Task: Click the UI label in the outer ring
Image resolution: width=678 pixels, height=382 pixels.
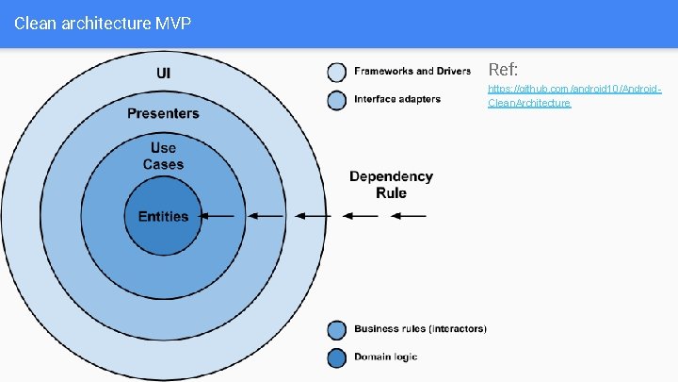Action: pos(164,72)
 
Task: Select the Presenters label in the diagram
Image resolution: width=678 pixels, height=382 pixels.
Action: pos(164,114)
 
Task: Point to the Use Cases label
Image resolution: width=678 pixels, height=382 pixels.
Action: pos(164,156)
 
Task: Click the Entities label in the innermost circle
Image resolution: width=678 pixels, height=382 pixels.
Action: pos(163,216)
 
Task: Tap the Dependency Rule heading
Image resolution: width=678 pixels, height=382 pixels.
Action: pos(391,184)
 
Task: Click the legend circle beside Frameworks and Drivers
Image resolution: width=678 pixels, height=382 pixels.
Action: pos(337,73)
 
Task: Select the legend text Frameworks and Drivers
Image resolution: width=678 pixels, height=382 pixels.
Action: pos(412,72)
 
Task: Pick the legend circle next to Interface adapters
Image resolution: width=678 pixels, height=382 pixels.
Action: pos(337,100)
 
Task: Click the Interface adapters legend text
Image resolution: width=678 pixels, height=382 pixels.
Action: pos(397,99)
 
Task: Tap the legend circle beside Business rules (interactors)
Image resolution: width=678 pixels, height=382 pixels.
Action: pos(337,330)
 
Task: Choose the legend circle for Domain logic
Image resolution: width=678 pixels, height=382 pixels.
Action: pos(337,357)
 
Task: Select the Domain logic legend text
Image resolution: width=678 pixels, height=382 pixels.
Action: pos(385,357)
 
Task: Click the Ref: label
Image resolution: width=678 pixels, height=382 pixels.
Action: pos(503,70)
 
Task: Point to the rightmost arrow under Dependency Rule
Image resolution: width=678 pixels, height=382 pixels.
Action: pos(409,216)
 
